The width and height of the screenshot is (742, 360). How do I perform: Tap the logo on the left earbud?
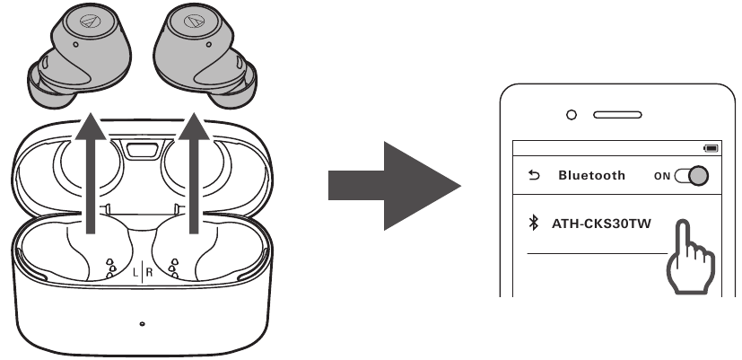tap(90, 21)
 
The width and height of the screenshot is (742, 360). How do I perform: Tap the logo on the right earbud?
tap(194, 21)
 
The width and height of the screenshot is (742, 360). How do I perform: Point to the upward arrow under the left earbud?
tap(91, 173)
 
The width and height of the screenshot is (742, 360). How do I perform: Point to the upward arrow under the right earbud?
tap(194, 173)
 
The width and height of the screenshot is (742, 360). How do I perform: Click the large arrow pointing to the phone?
tap(394, 186)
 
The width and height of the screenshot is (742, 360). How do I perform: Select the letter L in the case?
tap(135, 272)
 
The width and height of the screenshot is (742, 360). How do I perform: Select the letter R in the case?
tap(150, 272)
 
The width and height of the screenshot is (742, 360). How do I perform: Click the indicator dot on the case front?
tap(142, 324)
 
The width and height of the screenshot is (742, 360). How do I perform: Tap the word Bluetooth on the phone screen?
tap(591, 175)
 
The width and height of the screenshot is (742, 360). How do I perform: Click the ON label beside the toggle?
tap(662, 176)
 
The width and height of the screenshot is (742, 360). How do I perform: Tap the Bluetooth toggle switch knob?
tap(698, 176)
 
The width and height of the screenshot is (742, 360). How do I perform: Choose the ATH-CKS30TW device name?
tap(601, 224)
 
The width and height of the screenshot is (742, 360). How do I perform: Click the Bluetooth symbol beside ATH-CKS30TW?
tap(533, 223)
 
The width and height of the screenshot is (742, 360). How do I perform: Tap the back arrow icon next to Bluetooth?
tap(534, 175)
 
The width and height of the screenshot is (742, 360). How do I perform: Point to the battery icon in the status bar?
tap(711, 148)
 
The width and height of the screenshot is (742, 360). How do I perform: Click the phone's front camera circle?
tap(572, 115)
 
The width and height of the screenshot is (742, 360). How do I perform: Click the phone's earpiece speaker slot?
tap(617, 115)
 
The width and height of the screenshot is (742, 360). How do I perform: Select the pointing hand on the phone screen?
tap(690, 259)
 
